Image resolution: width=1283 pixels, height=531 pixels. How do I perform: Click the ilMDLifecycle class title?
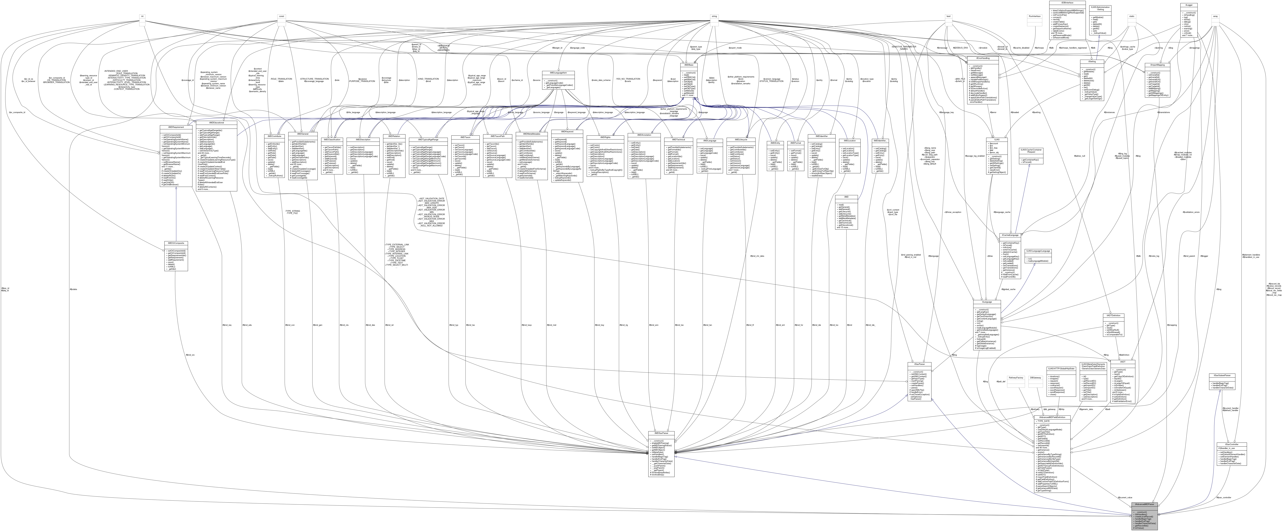[741, 139]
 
